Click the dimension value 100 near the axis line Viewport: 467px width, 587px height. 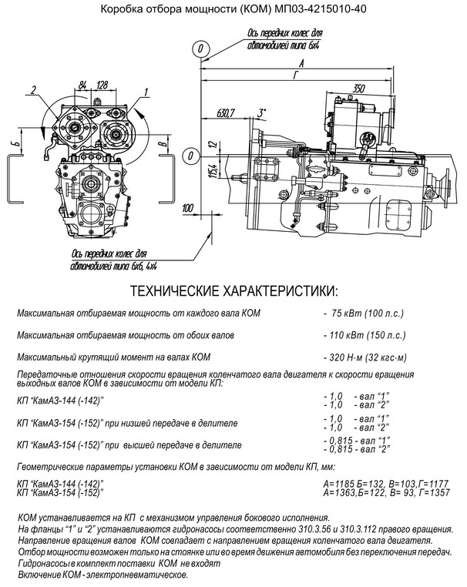point(189,209)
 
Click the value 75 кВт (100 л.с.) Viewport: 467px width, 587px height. point(368,315)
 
